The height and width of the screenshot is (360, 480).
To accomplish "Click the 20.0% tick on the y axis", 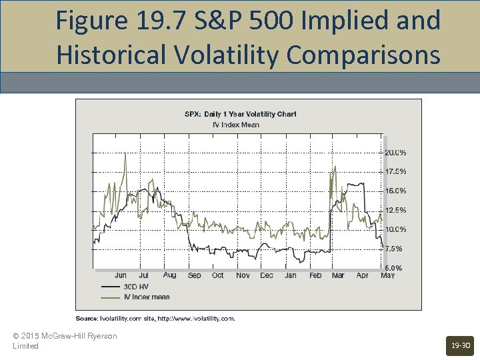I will (395, 152).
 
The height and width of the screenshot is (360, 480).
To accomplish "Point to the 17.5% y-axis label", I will (395, 171).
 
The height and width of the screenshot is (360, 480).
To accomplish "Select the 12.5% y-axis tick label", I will (395, 210).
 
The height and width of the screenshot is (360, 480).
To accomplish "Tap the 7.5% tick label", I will (393, 249).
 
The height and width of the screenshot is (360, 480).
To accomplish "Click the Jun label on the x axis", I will (121, 275).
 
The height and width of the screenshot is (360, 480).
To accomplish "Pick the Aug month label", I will (169, 275).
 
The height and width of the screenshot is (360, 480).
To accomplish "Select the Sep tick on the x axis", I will (194, 275).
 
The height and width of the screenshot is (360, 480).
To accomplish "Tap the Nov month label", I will (243, 275).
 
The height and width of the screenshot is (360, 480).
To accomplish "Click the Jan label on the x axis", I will (291, 275).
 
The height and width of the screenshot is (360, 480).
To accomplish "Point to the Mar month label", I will (338, 275).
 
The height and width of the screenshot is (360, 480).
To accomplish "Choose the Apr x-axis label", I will (362, 275).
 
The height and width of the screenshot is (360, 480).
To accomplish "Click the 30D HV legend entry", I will (136, 287).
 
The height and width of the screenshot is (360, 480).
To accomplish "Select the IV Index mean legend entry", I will (147, 297).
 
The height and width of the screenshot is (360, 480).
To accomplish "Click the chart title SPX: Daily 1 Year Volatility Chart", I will (240, 114).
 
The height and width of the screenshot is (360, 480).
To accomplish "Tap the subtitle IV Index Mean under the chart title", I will (235, 124).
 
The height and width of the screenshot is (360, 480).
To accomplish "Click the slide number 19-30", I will (460, 345).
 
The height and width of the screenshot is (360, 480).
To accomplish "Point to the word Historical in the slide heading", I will (113, 55).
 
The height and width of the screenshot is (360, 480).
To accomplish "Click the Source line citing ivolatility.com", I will (155, 319).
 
